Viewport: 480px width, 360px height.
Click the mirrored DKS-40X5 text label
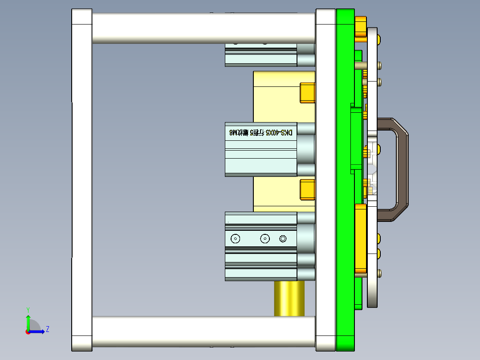point(261,132)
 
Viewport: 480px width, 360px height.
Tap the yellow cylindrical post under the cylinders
point(289,298)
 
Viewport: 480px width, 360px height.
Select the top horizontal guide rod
point(203,28)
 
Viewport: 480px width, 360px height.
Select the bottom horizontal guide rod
point(203,332)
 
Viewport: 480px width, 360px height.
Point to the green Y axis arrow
point(28,321)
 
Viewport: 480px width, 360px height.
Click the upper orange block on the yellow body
point(307,92)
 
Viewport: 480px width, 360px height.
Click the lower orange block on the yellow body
point(307,189)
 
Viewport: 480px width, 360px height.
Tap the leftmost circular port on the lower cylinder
point(235,239)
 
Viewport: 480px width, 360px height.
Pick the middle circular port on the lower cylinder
point(265,239)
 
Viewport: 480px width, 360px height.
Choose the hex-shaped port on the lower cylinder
point(283,239)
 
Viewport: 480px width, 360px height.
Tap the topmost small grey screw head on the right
point(379,65)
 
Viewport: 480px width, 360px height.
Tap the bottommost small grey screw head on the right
point(379,273)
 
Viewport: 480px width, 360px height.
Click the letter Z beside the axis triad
point(47,329)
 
